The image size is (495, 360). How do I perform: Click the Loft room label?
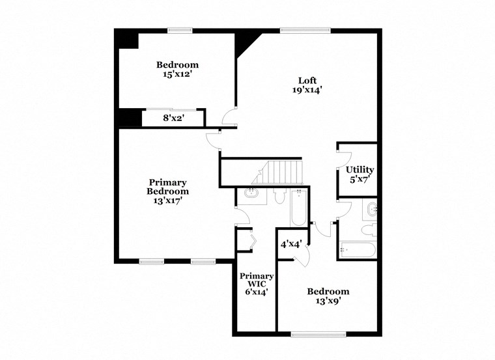click(307, 81)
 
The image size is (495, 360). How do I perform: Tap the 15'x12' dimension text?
click(177, 74)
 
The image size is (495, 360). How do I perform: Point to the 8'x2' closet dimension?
click(173, 118)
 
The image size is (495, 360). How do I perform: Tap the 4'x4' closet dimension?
click(290, 244)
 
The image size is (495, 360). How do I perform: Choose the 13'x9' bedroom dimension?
click(328, 301)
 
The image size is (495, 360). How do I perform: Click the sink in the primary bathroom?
click(252, 193)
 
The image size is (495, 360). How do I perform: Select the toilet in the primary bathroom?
click(280, 196)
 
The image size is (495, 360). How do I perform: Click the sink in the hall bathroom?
click(371, 209)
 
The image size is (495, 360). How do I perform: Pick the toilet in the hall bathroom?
click(368, 229)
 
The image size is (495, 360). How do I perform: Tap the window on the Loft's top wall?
click(305, 29)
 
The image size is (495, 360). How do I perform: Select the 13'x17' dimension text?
click(167, 201)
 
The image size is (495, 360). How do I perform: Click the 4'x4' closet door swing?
click(301, 258)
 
